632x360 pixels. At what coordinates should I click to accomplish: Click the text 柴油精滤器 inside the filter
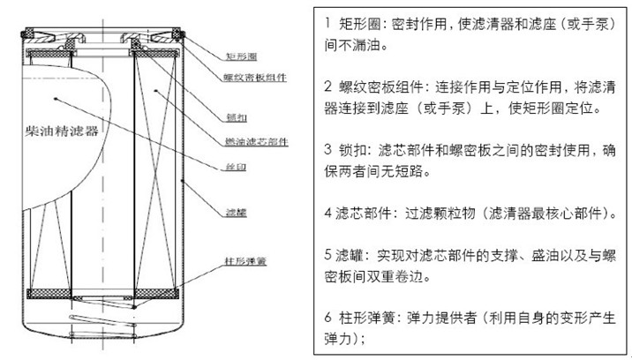63,129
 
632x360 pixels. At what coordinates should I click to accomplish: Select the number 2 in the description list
328,87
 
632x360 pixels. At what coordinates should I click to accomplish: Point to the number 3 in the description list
328,150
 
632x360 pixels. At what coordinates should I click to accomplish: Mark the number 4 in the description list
327,213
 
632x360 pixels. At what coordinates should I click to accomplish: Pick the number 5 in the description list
328,255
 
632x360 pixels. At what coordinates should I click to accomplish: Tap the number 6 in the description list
328,317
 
